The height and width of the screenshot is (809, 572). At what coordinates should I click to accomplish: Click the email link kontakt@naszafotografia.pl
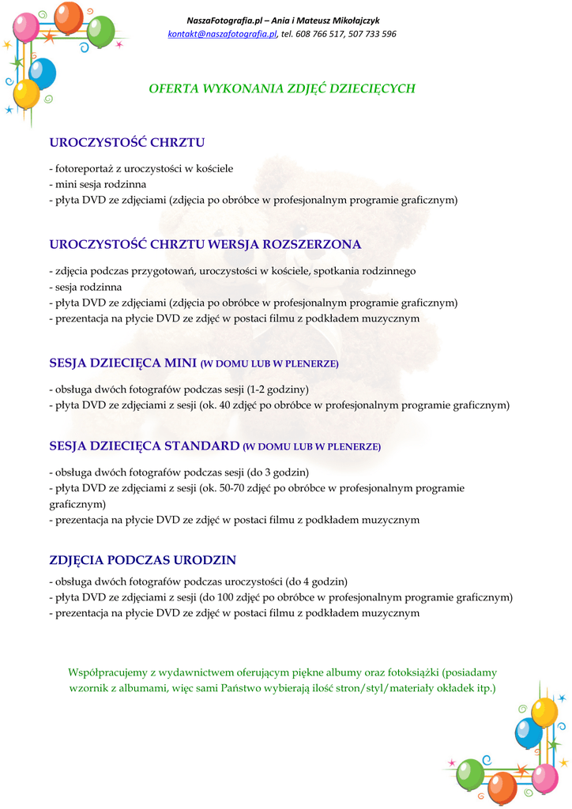pos(223,34)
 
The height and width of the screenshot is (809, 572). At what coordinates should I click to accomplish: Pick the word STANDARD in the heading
pos(201,446)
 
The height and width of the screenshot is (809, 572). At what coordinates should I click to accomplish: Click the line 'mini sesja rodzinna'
pos(100,184)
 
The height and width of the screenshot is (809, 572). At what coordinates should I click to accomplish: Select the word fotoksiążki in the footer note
pos(410,672)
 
